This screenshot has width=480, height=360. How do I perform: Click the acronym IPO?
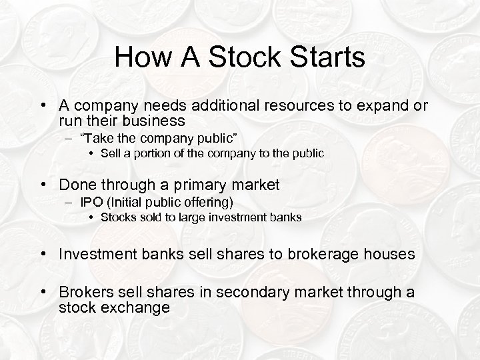tap(91, 202)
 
